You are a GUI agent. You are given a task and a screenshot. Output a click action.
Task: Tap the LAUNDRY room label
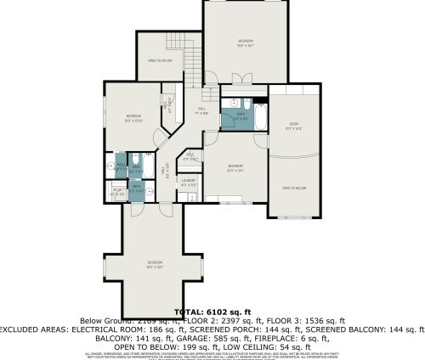click(189, 181)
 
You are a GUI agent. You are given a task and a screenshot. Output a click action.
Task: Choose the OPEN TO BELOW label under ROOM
click(294, 187)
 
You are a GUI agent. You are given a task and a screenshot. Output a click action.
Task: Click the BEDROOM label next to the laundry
click(235, 167)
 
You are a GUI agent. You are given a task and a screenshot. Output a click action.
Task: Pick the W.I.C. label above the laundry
click(191, 156)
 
